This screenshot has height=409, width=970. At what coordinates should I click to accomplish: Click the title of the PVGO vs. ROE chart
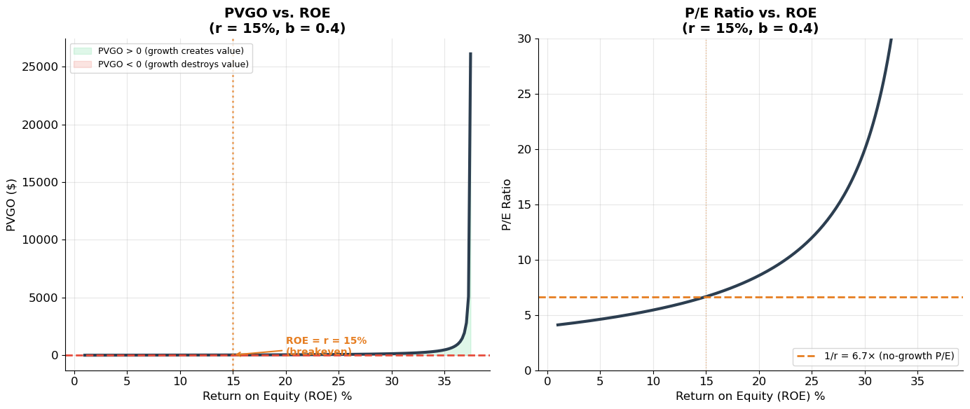click(277, 21)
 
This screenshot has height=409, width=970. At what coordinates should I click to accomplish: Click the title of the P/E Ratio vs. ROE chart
click(750, 21)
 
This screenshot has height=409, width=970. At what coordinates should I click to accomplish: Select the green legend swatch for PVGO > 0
click(82, 51)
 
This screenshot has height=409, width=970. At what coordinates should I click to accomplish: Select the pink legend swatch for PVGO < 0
click(82, 64)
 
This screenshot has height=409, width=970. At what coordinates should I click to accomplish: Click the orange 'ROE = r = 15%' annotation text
click(326, 341)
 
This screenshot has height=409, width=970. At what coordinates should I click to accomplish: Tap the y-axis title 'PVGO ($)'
click(11, 204)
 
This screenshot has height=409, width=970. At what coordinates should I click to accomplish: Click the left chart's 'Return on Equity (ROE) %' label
click(277, 396)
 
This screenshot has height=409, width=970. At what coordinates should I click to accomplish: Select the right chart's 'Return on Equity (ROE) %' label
click(750, 396)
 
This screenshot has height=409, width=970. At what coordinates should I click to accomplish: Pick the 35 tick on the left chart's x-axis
click(444, 382)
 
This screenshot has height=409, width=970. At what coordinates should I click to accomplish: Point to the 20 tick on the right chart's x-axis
click(759, 382)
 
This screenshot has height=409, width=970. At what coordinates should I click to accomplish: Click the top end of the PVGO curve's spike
click(470, 54)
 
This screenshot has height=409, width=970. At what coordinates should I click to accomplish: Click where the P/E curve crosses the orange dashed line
click(705, 297)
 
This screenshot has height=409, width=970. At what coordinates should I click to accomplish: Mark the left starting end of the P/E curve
click(558, 325)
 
